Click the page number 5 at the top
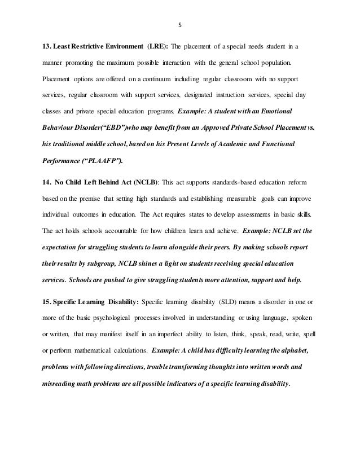(180, 25)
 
